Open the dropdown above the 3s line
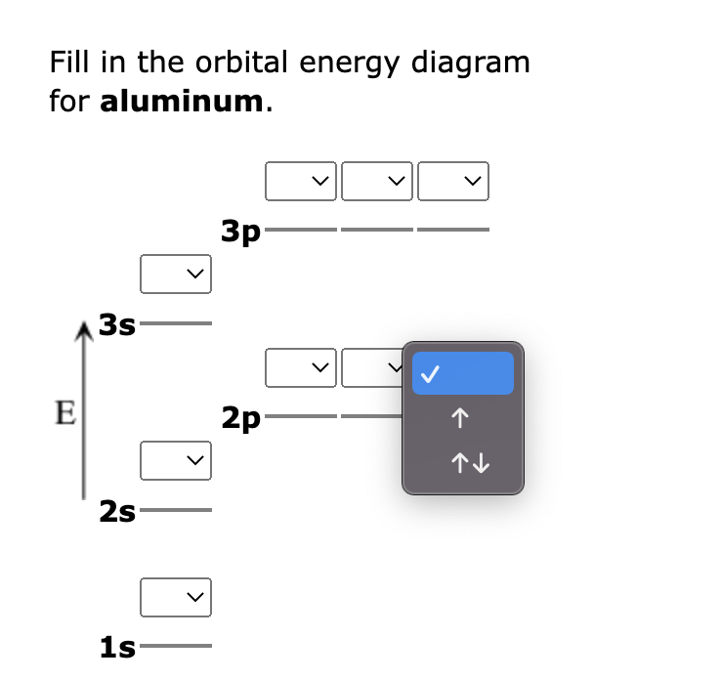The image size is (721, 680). pos(176,274)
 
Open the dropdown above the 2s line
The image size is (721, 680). pos(176,460)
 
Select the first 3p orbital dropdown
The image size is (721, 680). pos(301,181)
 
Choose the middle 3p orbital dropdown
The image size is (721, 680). pos(377,181)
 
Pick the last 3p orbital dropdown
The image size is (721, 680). pos(453,181)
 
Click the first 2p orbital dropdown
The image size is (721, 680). pos(301,368)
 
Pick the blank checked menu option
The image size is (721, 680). pos(462,373)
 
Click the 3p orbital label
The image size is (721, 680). pos(240,232)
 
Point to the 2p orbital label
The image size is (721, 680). pos(240,419)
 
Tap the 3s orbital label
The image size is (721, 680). pos(117,324)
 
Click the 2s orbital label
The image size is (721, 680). pos(117,510)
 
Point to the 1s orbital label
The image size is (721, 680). pos(117,646)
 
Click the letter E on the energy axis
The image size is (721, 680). pos(64,412)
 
